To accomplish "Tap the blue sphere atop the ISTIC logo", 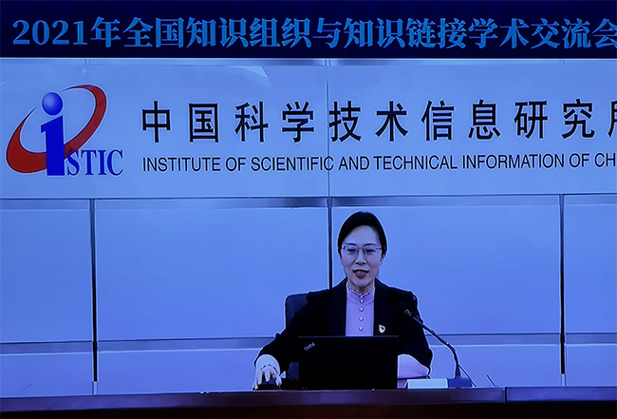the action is [52, 104].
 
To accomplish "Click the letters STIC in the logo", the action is [95, 162].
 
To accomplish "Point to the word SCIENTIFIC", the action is [291, 163].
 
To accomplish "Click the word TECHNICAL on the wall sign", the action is [415, 162].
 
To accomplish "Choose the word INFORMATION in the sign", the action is [514, 162].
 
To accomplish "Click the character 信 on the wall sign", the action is [438, 120].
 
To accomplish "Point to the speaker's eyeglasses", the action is [361, 250].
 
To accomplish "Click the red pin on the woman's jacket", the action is [382, 328].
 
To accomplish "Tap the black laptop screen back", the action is [347, 362].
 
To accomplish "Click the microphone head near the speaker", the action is [406, 311].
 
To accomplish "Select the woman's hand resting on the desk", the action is [268, 377].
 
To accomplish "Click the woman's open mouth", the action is [361, 272].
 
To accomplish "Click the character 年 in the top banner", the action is [105, 32].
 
